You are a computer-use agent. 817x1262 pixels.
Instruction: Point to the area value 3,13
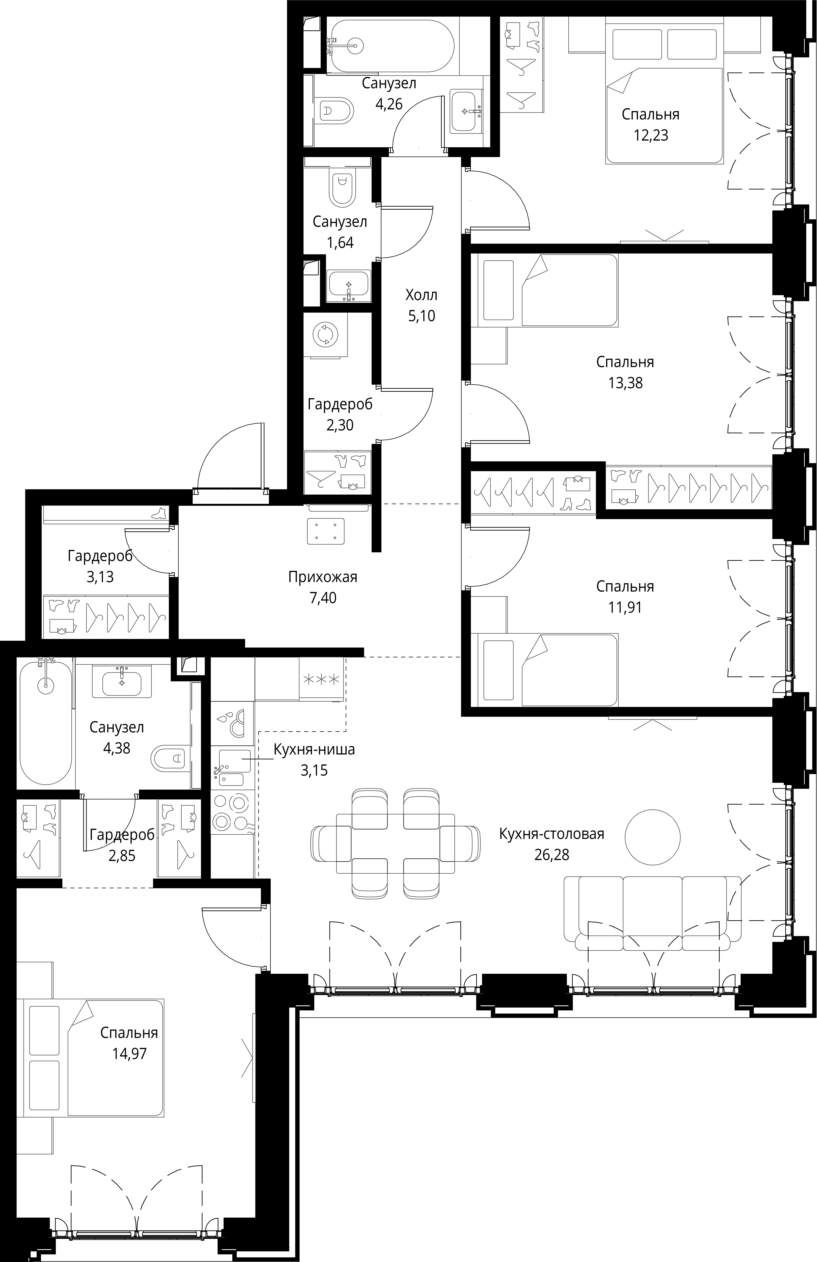tap(100, 576)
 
